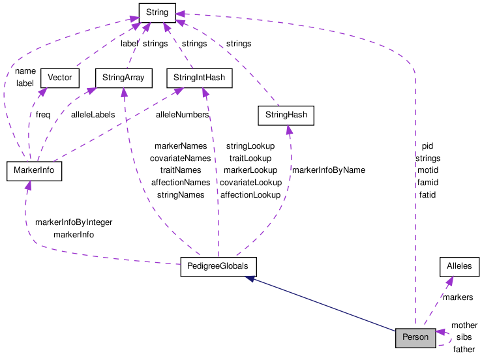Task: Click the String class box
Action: click(x=158, y=12)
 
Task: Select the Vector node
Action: click(x=59, y=78)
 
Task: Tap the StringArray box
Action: click(x=123, y=78)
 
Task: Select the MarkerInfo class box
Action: click(x=33, y=171)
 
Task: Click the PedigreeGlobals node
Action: click(x=218, y=267)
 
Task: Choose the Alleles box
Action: click(x=459, y=267)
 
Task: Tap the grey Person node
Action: click(x=415, y=337)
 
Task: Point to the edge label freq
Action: click(x=43, y=114)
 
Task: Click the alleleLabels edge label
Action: click(x=93, y=114)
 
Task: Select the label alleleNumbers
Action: click(x=182, y=114)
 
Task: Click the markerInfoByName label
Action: click(x=328, y=170)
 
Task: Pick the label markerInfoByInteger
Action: click(x=74, y=222)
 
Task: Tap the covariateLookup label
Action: click(x=250, y=183)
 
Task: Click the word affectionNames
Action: click(x=181, y=183)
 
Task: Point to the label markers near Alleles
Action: click(x=458, y=297)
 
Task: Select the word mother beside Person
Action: click(x=464, y=325)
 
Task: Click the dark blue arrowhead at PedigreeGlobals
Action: click(x=250, y=279)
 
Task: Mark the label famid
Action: click(x=427, y=183)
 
